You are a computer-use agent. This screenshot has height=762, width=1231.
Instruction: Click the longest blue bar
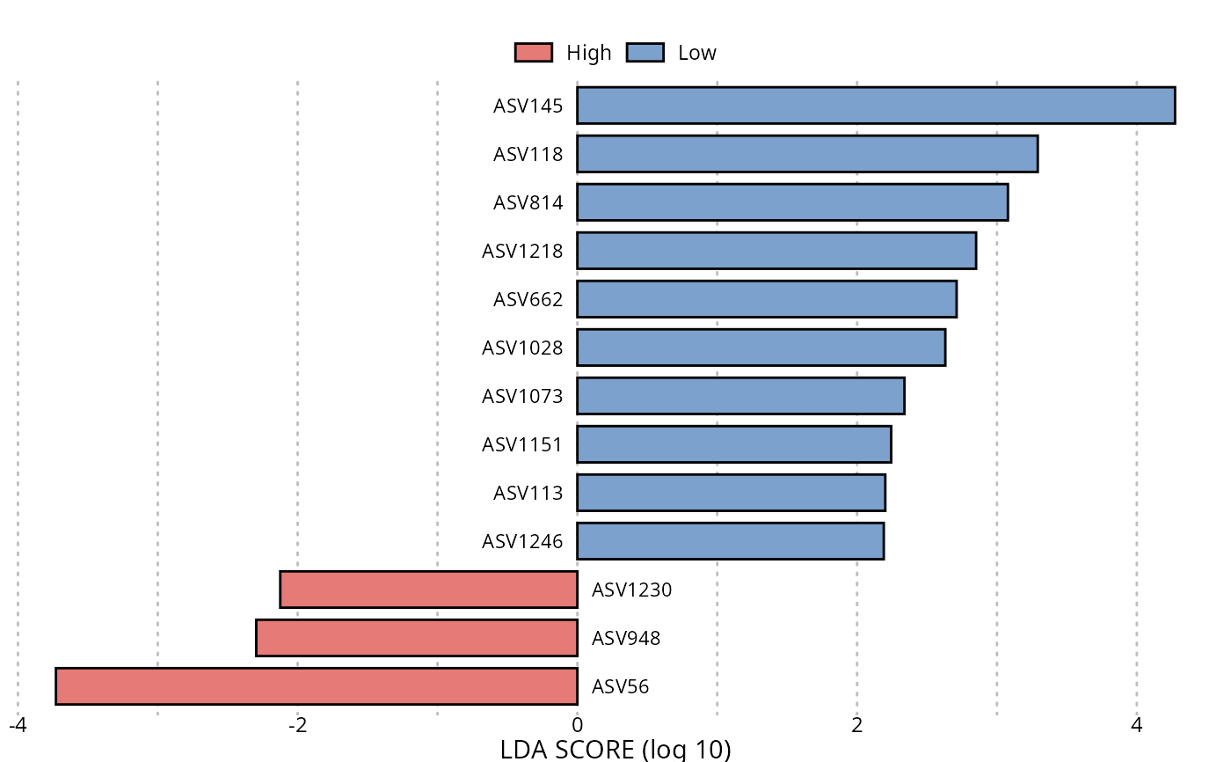875,106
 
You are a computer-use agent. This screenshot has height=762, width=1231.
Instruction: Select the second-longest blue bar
806,154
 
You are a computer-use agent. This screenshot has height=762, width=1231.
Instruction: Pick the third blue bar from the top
791,202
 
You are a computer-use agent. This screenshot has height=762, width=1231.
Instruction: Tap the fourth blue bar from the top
776,251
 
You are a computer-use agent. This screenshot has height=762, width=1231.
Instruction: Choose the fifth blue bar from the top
766,299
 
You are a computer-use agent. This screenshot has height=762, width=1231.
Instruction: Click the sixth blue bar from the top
761,348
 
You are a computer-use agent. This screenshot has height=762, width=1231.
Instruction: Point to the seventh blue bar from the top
740,396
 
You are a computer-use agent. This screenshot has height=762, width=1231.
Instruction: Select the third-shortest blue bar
733,444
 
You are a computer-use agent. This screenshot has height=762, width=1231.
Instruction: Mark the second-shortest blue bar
731,493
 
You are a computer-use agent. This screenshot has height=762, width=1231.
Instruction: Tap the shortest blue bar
730,541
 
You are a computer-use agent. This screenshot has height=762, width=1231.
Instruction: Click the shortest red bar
428,590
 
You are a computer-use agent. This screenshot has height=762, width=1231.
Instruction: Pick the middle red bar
417,638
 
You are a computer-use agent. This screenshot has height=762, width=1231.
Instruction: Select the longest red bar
317,686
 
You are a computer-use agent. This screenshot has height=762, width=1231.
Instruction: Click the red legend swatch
533,53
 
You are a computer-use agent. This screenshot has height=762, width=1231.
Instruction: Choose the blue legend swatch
645,53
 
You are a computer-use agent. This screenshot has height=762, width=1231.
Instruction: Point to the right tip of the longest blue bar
1173,106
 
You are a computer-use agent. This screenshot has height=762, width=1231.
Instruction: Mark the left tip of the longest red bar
58,686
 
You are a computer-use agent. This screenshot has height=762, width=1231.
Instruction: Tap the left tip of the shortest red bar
282,590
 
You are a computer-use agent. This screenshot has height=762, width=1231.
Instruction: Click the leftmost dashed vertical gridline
18,396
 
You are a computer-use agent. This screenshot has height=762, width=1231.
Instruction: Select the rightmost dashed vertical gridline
1136,396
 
